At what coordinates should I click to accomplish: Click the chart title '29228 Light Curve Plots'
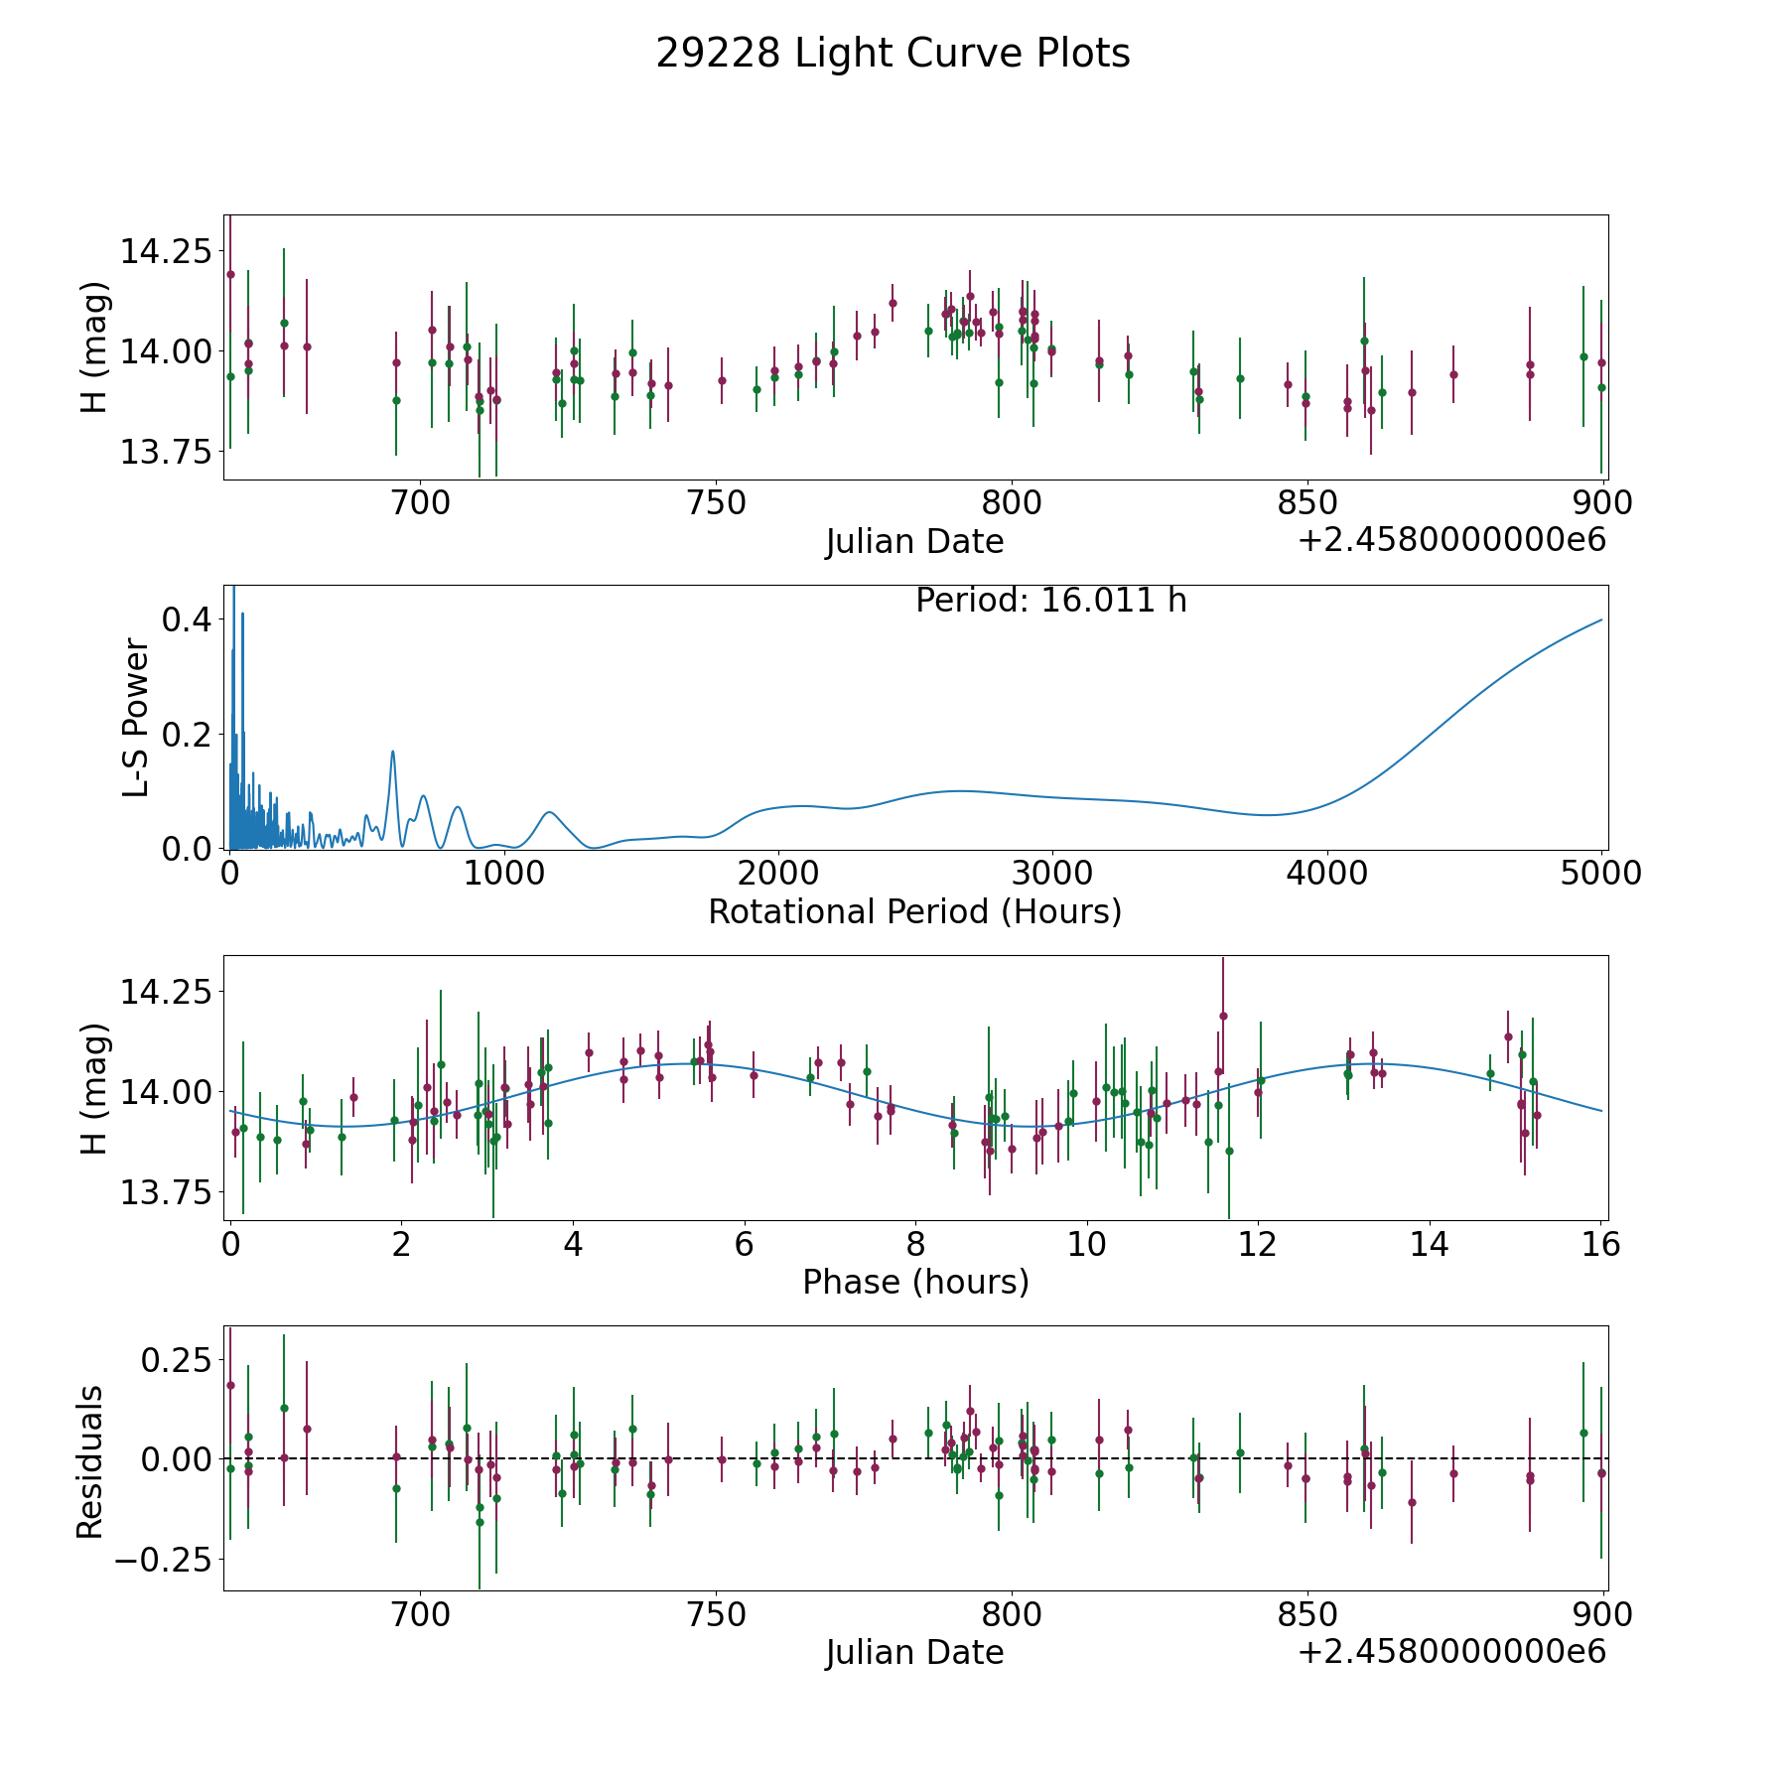click(x=893, y=54)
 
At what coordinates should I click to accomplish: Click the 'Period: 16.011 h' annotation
click(x=1050, y=601)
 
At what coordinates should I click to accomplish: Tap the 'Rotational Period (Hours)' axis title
click(x=914, y=911)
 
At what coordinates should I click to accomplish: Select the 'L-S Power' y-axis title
click(x=136, y=718)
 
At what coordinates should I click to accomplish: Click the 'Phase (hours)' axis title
click(x=915, y=1282)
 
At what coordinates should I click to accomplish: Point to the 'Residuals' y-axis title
click(x=90, y=1462)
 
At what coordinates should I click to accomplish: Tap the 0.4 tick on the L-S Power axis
click(x=187, y=619)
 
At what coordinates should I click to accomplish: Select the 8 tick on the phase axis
click(x=915, y=1245)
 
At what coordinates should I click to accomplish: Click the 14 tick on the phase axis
click(x=1430, y=1245)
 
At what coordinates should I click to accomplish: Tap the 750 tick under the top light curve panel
click(x=716, y=503)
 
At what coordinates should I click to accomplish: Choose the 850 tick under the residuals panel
click(x=1306, y=1615)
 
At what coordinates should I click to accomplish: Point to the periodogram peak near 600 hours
click(x=393, y=752)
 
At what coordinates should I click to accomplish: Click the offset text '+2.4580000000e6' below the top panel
click(x=1451, y=540)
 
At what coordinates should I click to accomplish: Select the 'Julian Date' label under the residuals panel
click(x=914, y=1652)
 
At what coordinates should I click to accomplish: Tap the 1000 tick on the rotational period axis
click(x=503, y=874)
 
